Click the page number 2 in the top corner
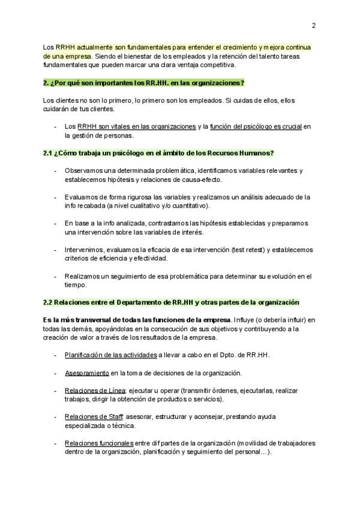point(313,25)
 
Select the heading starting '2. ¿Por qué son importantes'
point(143,82)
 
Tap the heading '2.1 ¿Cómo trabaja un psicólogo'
point(158,153)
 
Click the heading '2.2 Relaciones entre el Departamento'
point(171,302)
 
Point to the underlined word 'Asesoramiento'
point(87,373)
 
